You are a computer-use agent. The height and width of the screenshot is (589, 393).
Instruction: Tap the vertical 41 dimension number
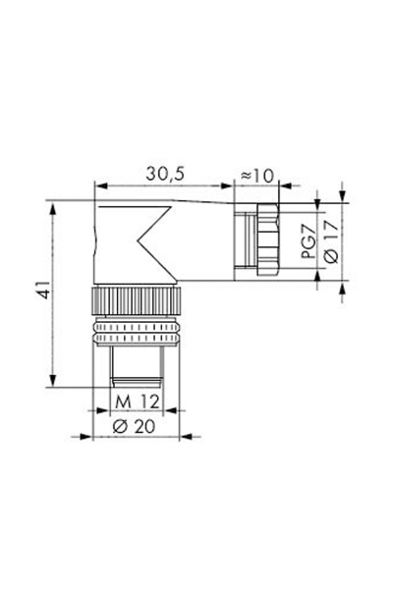click(35, 294)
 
